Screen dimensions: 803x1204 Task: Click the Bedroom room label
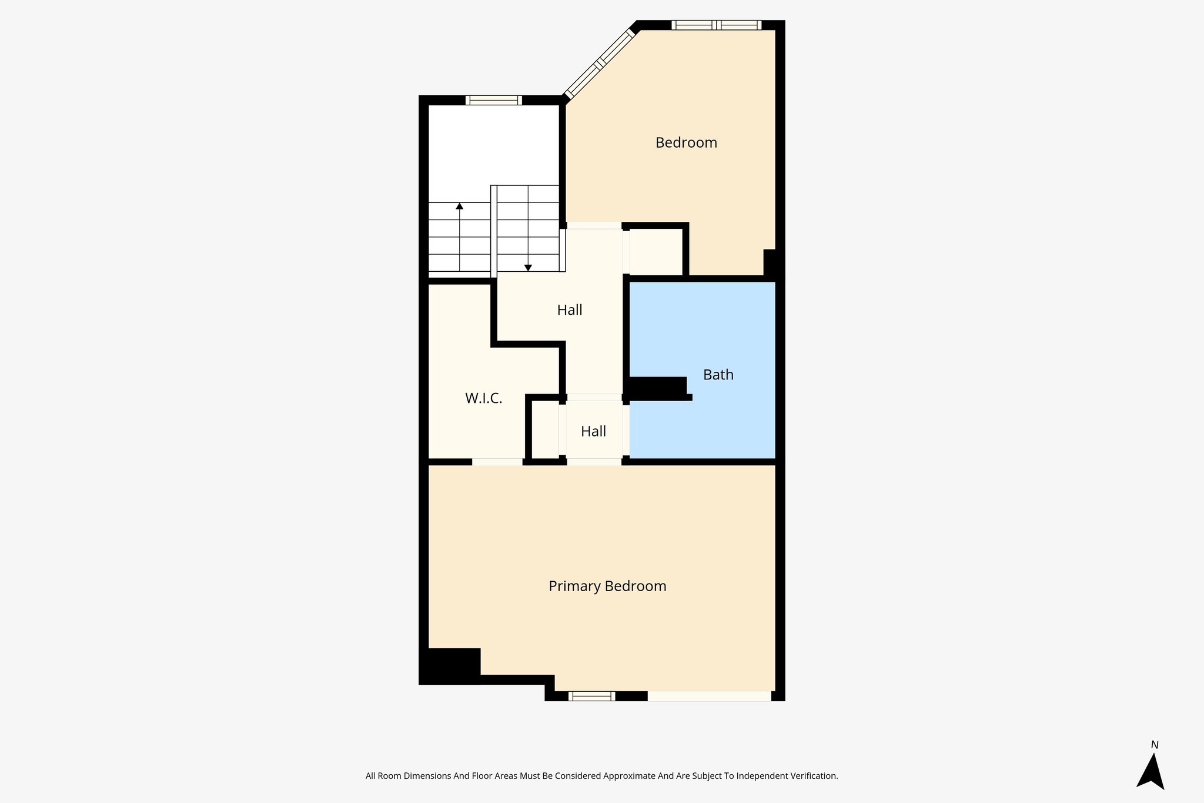686,143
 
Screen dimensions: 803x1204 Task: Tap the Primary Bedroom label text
607,587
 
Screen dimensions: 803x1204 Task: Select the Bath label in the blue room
718,375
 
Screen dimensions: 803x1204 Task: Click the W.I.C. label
483,399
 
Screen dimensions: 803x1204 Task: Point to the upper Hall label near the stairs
569,310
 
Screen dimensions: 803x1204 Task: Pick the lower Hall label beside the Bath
593,432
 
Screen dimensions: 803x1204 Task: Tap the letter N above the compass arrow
1155,745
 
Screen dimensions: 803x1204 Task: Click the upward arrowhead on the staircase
459,206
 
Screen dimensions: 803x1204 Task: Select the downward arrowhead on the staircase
528,268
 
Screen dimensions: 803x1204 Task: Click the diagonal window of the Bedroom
600,64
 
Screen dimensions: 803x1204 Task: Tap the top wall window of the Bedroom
716,25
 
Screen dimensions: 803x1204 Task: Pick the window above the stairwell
493,100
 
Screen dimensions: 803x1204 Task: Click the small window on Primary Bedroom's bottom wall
591,697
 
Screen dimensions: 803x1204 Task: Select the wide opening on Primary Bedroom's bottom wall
709,697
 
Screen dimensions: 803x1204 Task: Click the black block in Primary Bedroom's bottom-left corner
451,665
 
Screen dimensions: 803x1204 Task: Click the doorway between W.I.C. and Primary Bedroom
497,462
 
